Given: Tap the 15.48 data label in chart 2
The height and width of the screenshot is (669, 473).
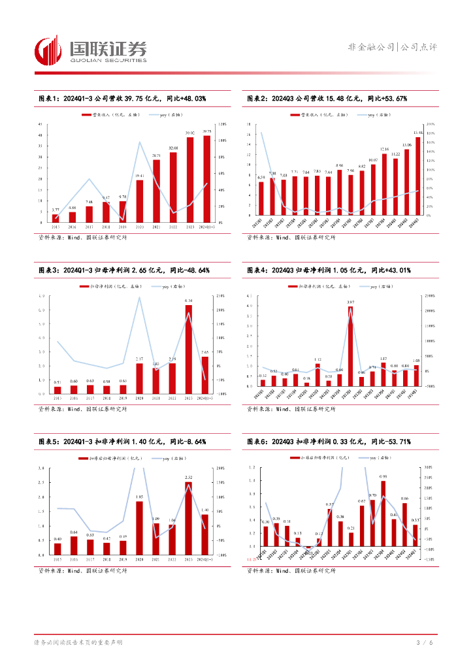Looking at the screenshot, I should tap(418, 133).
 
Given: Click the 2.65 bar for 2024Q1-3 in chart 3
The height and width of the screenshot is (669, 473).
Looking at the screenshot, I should tap(205, 375).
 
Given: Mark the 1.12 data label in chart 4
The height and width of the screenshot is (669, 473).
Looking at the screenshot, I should tap(318, 359).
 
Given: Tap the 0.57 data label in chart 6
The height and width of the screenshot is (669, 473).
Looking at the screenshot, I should tap(330, 504).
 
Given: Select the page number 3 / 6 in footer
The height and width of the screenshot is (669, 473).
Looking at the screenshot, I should tap(424, 643).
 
